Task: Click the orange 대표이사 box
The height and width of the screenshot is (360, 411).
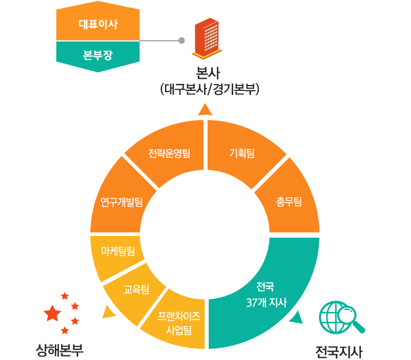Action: tap(98, 23)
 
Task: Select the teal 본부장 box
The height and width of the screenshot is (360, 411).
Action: tap(98, 55)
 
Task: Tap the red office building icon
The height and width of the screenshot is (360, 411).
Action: tap(207, 38)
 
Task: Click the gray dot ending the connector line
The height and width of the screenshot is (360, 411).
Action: tap(181, 41)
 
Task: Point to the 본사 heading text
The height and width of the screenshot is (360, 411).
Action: tap(208, 73)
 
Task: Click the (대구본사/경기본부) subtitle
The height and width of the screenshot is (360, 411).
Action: tap(209, 90)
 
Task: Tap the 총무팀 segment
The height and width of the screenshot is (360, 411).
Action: tap(289, 202)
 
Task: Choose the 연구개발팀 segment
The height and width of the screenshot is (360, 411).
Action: tap(122, 202)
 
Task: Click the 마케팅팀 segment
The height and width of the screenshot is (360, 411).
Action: tap(118, 251)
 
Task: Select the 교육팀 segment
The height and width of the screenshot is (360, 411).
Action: tap(136, 290)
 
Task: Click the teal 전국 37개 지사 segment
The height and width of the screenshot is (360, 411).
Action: tap(266, 295)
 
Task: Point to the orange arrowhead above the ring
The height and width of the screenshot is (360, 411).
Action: tap(205, 110)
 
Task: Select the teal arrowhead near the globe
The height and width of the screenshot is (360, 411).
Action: tap(297, 317)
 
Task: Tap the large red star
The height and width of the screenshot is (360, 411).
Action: tap(52, 313)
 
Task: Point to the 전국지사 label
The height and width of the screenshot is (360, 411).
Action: tap(339, 352)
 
